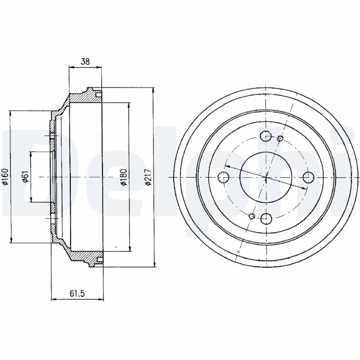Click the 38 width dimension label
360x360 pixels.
coord(85,62)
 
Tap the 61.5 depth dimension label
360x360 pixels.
coord(77,293)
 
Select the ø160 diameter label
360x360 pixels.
coord(5,177)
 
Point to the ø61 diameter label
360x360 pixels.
coord(25,177)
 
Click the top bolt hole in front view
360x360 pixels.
coord(266,136)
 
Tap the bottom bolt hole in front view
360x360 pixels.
coord(266,218)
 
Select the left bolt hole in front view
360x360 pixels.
coord(223,177)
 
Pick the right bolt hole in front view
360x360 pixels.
coord(308,177)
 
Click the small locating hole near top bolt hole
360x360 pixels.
coord(280,139)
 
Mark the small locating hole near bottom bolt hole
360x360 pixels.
coord(252,216)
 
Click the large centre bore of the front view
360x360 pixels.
coord(266,177)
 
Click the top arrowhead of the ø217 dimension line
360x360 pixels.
coord(153,90)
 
